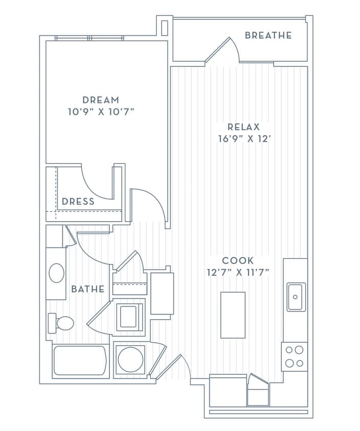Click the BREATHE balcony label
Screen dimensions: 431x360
(268, 35)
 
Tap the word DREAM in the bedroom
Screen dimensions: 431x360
(101, 100)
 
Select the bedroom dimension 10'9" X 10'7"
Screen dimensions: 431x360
(101, 111)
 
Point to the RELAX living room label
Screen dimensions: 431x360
(244, 127)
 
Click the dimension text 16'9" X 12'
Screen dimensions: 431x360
(244, 138)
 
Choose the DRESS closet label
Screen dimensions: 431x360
(78, 201)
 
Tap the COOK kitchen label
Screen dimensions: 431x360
(238, 260)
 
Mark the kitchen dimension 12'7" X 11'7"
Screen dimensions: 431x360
(238, 272)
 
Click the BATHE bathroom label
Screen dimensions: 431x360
(87, 289)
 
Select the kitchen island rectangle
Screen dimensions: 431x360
(233, 315)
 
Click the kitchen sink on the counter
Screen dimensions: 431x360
(296, 297)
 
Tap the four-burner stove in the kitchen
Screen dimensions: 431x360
(294, 356)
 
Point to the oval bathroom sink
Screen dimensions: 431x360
(56, 273)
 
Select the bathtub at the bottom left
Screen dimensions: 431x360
(80, 361)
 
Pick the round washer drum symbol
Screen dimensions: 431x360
(130, 360)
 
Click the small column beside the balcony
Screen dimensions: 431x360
(164, 27)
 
